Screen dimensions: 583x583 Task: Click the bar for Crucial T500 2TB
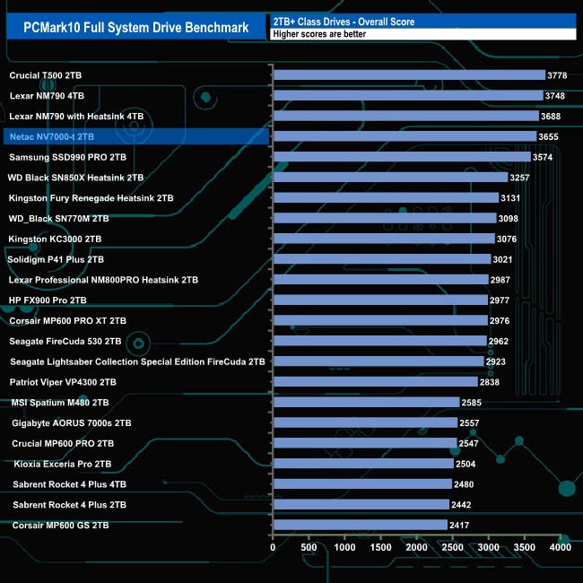408,75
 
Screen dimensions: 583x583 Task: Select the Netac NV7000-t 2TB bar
404,136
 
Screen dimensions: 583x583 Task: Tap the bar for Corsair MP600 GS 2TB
359,525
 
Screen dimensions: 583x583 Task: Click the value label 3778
560,75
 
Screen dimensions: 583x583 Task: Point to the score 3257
522,178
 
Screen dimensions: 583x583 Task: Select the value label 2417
461,525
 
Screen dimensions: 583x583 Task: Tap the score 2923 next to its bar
498,361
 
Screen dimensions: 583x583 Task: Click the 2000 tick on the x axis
416,547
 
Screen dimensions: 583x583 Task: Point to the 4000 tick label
560,547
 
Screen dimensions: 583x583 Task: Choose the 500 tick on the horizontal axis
309,547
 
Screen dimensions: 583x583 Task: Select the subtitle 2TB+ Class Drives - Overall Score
344,21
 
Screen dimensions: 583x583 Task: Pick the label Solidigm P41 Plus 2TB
57,259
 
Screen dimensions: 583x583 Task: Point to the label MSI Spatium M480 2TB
60,403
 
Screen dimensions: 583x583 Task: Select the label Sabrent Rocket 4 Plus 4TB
70,484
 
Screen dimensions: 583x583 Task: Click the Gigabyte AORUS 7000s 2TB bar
364,422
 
